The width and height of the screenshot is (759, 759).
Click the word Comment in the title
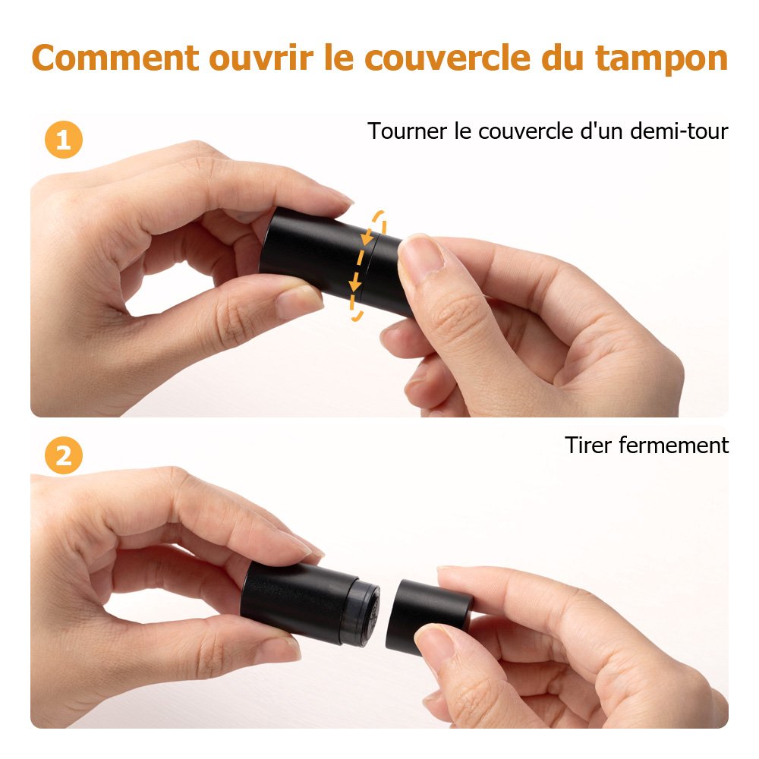pyautogui.click(x=115, y=58)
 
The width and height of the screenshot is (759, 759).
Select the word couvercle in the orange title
pyautogui.click(x=447, y=58)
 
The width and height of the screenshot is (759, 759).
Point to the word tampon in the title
pyautogui.click(x=661, y=59)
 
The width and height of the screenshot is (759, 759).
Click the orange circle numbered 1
pyautogui.click(x=64, y=140)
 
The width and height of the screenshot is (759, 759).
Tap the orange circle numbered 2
pyautogui.click(x=64, y=455)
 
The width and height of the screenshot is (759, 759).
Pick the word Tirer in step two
pyautogui.click(x=588, y=446)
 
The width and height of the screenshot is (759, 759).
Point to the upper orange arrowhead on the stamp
pyautogui.click(x=368, y=238)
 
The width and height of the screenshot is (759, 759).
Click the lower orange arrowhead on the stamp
pyautogui.click(x=355, y=282)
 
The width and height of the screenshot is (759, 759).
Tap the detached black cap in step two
pyautogui.click(x=428, y=616)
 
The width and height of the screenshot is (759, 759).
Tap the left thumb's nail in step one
pyautogui.click(x=298, y=300)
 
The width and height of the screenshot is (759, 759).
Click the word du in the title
pyautogui.click(x=563, y=58)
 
